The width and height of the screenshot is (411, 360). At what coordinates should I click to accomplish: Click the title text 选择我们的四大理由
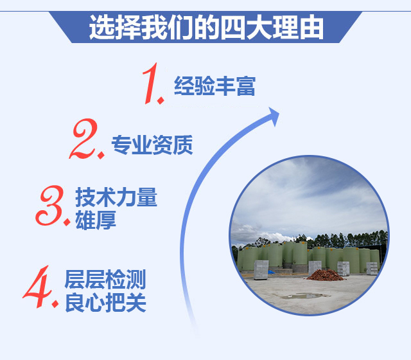pyautogui.click(x=206, y=28)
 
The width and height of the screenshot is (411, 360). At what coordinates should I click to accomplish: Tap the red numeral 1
pyautogui.click(x=151, y=84)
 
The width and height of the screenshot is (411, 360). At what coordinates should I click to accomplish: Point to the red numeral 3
pyautogui.click(x=50, y=206)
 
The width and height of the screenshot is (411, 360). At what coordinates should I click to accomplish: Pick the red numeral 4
pyautogui.click(x=37, y=287)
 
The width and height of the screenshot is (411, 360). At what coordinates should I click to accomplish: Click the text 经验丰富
pyautogui.click(x=214, y=85)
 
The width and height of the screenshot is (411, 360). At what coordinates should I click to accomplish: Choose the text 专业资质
pyautogui.click(x=152, y=145)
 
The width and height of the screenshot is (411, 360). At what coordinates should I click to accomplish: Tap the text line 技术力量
pyautogui.click(x=116, y=197)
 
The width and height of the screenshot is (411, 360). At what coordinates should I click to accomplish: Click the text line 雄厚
pyautogui.click(x=96, y=220)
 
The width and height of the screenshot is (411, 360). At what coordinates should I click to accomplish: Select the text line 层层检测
pyautogui.click(x=105, y=280)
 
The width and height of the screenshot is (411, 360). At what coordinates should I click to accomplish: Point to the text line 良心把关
pyautogui.click(x=105, y=302)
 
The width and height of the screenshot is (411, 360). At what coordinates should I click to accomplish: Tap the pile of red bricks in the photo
pyautogui.click(x=326, y=275)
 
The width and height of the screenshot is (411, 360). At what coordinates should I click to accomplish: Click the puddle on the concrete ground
pyautogui.click(x=304, y=296)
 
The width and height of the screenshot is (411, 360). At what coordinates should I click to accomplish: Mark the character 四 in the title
pyautogui.click(x=232, y=28)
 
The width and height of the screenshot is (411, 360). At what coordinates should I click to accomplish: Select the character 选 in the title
pyautogui.click(x=102, y=28)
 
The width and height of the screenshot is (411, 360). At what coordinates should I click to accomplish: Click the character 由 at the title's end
pyautogui.click(x=311, y=28)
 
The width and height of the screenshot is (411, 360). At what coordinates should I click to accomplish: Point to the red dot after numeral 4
pyautogui.click(x=55, y=304)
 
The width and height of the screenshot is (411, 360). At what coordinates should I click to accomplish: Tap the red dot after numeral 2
pyautogui.click(x=101, y=155)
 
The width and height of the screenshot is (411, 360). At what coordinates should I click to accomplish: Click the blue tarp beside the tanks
pyautogui.click(x=271, y=272)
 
